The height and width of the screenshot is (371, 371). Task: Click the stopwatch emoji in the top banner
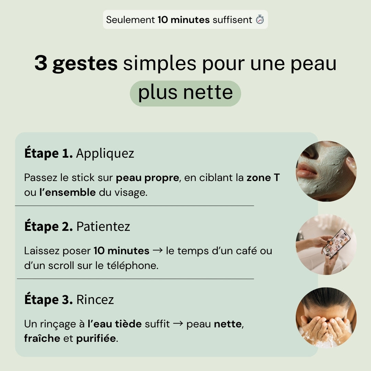pyautogui.click(x=260, y=20)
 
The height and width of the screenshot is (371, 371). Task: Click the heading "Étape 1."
pyautogui.click(x=48, y=154)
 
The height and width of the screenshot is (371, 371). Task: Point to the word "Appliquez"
pyautogui.click(x=105, y=154)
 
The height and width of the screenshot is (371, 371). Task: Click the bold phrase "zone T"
pyautogui.click(x=263, y=178)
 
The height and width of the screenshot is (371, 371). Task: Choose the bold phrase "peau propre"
pyautogui.click(x=147, y=178)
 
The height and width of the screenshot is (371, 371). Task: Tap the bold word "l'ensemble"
pyautogui.click(x=67, y=192)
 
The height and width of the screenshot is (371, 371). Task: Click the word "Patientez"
pyautogui.click(x=103, y=227)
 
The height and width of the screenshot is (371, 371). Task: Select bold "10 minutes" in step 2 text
pyautogui.click(x=121, y=251)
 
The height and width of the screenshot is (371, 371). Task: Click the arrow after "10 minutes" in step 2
pyautogui.click(x=157, y=251)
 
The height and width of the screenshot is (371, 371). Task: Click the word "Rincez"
pyautogui.click(x=95, y=300)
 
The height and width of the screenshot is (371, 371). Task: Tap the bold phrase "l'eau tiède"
pyautogui.click(x=114, y=324)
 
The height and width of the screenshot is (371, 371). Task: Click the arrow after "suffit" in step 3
pyautogui.click(x=178, y=324)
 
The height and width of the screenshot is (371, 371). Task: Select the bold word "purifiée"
pyautogui.click(x=96, y=339)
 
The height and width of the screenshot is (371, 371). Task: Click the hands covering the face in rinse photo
pyautogui.click(x=325, y=326)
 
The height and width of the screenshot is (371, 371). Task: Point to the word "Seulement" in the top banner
pyautogui.click(x=130, y=20)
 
